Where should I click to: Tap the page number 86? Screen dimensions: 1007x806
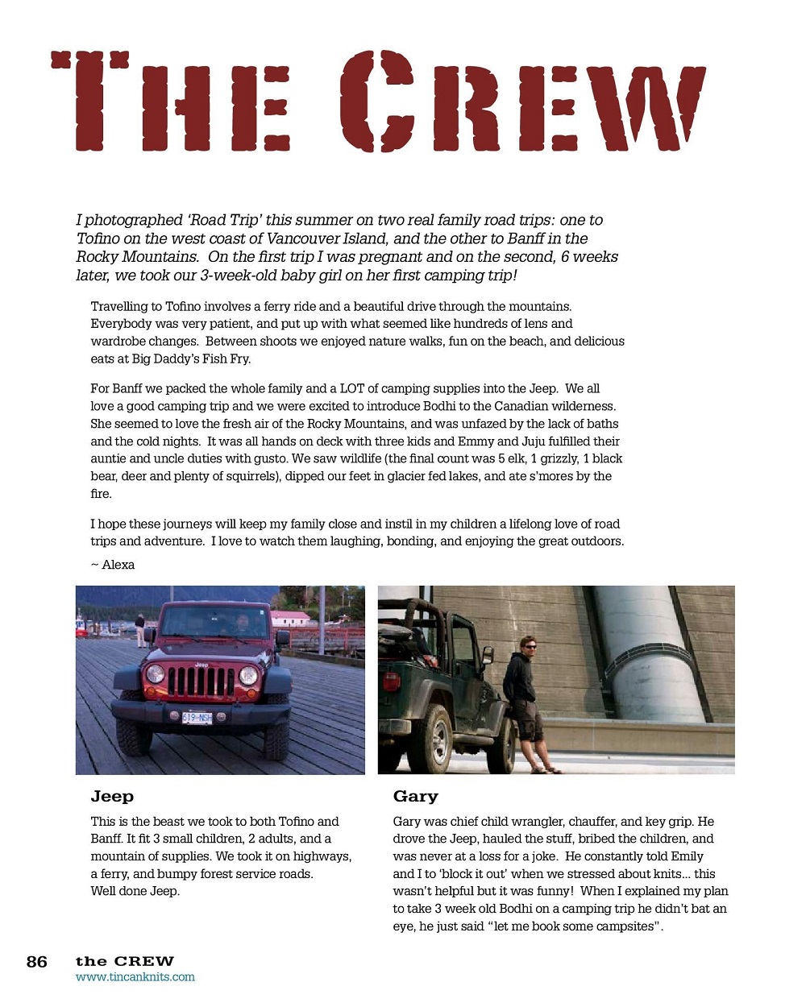(x=37, y=962)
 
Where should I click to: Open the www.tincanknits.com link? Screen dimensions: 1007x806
(x=135, y=977)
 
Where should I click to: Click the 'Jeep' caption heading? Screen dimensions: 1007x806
(x=112, y=797)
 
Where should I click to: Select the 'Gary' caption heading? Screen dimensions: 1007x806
(x=415, y=797)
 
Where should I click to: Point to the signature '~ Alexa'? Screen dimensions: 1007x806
(x=113, y=565)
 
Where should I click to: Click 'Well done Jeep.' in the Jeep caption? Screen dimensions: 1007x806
(x=135, y=891)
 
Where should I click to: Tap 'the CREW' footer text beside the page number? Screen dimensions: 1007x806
(x=125, y=961)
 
